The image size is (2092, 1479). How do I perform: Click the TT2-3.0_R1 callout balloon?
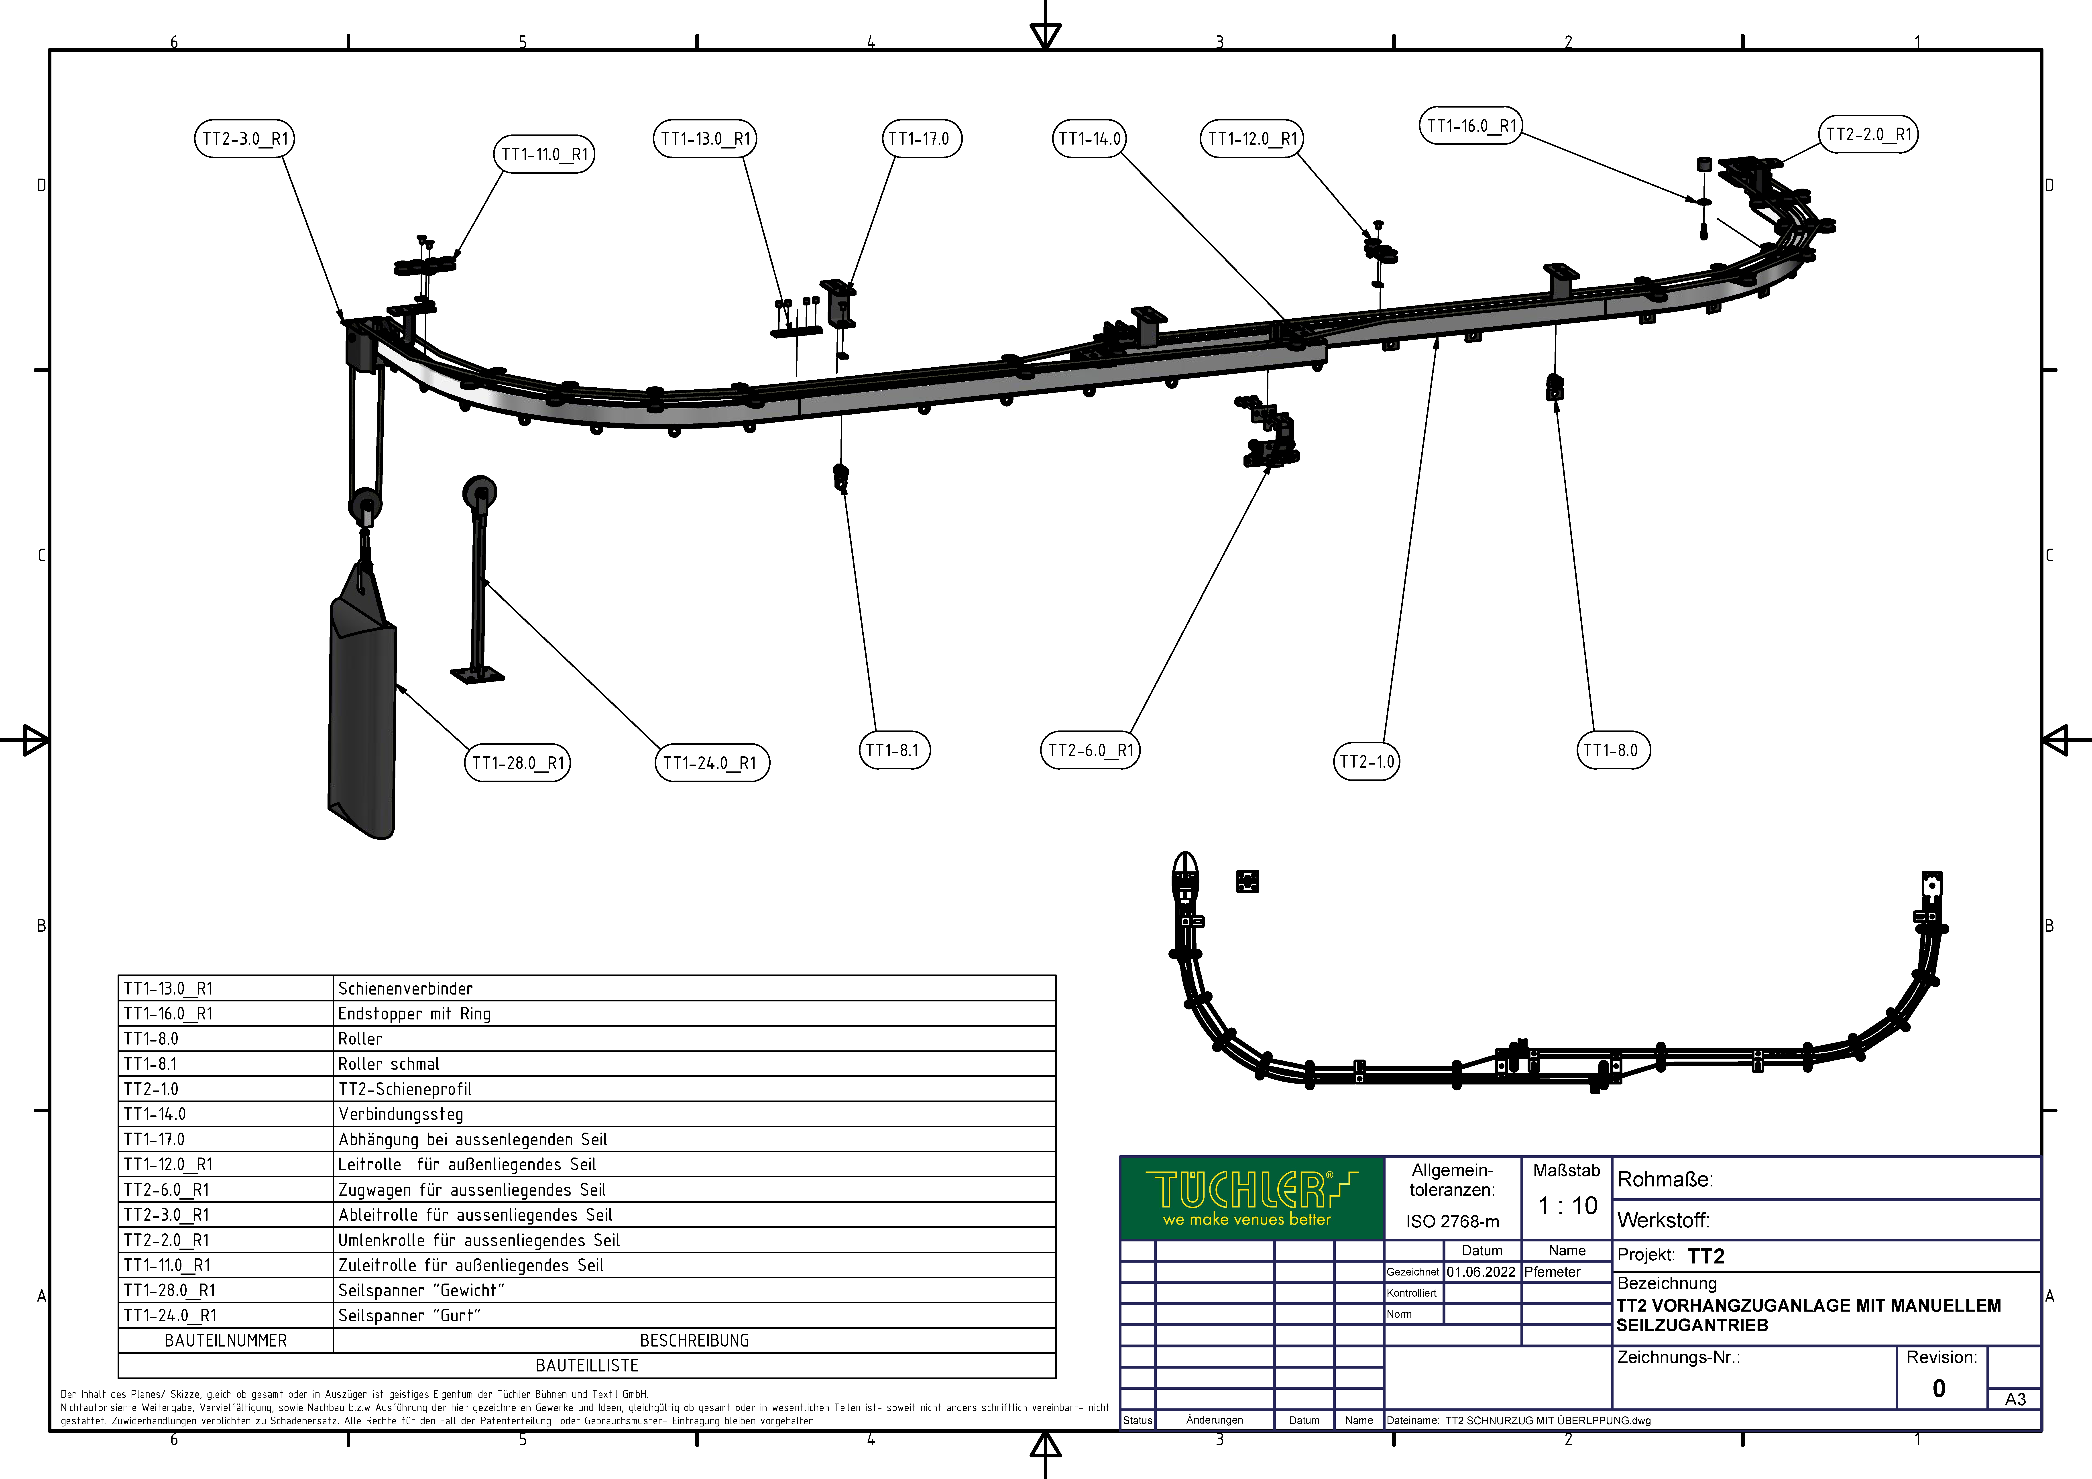[x=244, y=138]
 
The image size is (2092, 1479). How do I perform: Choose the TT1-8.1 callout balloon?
[x=893, y=750]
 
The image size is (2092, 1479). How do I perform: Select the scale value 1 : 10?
[x=1567, y=1206]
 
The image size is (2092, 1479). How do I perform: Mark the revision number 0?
[x=1939, y=1388]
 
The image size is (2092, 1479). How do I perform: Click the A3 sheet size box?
[x=2015, y=1399]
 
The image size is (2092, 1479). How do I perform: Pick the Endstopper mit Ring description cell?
[x=415, y=1013]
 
